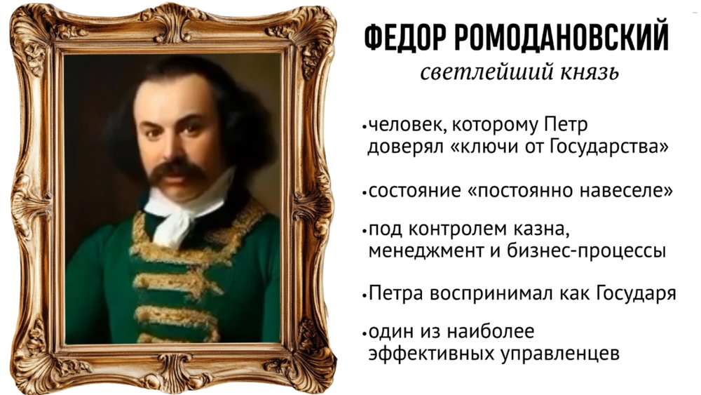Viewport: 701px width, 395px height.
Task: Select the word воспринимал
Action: point(494,294)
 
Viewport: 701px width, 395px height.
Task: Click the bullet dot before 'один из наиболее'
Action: point(365,333)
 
